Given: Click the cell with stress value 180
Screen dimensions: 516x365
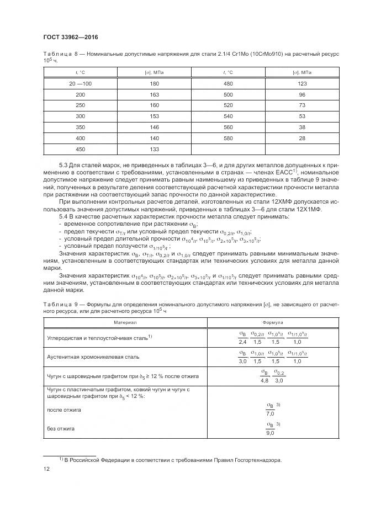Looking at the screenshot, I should [x=154, y=83].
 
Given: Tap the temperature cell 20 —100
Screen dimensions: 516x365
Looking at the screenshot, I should [x=80, y=83].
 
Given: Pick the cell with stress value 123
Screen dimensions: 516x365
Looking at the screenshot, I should [x=302, y=83].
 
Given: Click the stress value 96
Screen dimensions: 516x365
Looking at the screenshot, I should [x=302, y=94].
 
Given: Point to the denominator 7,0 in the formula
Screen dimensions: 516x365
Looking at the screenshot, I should [x=270, y=413].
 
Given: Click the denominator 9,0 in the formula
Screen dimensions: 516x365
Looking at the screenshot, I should [x=270, y=434].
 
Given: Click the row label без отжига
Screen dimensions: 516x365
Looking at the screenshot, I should [x=61, y=428].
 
